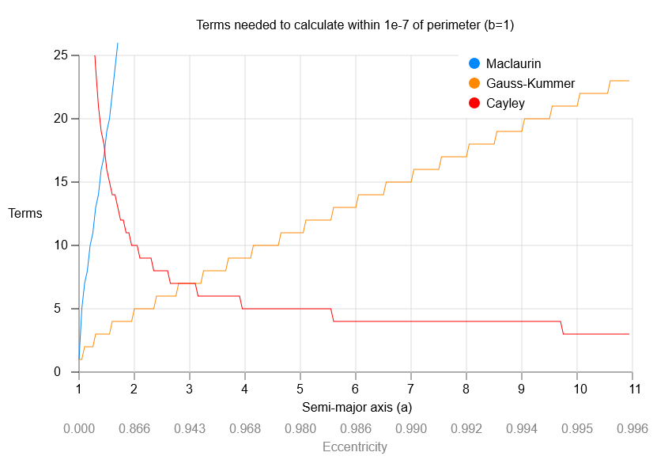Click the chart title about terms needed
pos(356,25)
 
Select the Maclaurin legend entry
pos(513,63)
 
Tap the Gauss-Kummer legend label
pos(530,83)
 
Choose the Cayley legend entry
pos(506,103)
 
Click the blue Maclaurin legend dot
pos(474,63)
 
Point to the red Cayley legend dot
pos(474,103)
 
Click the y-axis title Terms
pos(25,214)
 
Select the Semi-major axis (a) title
pos(357,408)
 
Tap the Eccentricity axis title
pos(355,447)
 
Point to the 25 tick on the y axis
pos(62,55)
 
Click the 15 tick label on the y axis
pos(62,182)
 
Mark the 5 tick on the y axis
pos(65,309)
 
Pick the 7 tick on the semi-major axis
pos(411,389)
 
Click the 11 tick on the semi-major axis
pos(632,389)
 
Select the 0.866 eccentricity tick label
pos(134,428)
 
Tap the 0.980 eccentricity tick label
pos(300,428)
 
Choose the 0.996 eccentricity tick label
pos(632,428)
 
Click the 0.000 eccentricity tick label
pos(79,428)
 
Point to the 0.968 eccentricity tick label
pos(245,428)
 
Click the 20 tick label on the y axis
pos(62,119)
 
